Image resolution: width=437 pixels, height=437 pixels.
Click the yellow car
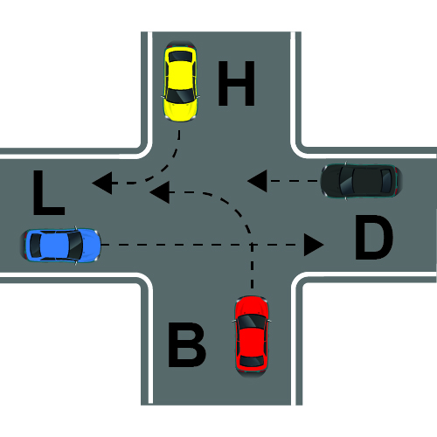point(180,81)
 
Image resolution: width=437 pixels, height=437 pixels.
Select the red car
point(252,336)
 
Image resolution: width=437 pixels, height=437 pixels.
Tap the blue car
point(60,246)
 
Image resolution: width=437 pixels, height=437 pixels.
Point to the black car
point(362,181)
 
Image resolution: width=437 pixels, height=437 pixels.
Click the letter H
point(236,83)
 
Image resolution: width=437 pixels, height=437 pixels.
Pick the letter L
point(49,193)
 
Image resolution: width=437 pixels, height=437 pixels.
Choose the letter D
point(374,237)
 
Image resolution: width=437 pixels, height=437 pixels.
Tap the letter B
point(187,344)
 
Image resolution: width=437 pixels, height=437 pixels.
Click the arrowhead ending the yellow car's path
point(102,183)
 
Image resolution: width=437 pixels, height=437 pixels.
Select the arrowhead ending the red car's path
point(160,192)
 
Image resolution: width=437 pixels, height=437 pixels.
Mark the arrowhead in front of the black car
point(257,181)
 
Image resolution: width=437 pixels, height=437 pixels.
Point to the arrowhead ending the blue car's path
point(314,245)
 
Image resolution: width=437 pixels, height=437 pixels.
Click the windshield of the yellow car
point(180,95)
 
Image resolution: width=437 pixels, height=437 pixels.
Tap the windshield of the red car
point(252,322)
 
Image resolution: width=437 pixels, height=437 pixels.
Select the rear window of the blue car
point(36,246)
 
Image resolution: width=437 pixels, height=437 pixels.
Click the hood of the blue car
point(90,246)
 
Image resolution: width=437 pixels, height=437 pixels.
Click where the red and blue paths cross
point(252,245)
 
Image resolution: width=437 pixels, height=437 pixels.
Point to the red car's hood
point(252,306)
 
